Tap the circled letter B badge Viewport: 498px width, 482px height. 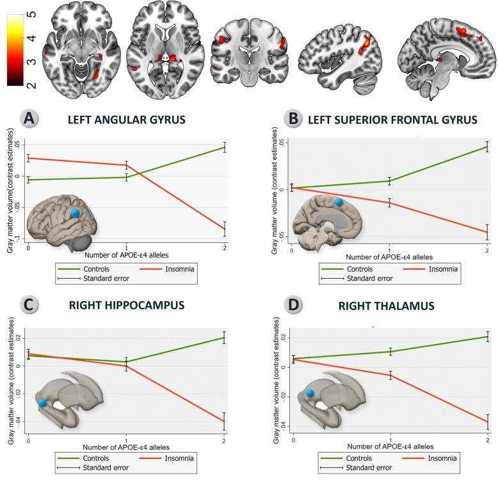pos(278,119)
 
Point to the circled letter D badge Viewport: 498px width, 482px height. pos(278,306)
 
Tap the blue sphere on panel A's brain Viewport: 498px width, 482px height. pos(75,213)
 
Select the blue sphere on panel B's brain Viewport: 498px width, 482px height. pos(338,202)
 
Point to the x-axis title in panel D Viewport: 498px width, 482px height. pos(389,446)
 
